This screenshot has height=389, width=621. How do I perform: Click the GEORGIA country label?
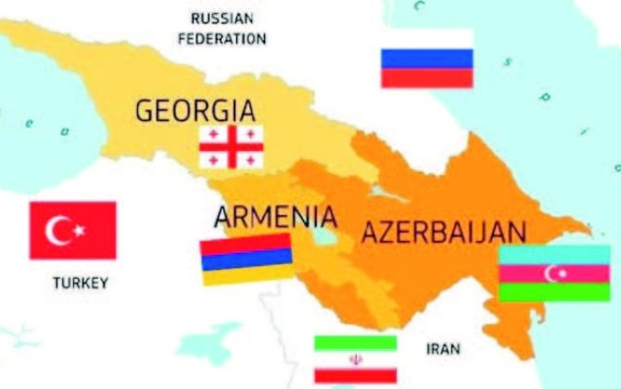196,109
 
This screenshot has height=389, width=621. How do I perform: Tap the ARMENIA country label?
275,218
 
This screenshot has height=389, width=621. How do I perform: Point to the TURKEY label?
80,282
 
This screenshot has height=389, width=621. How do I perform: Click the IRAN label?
442,349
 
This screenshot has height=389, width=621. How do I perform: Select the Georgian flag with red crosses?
232,146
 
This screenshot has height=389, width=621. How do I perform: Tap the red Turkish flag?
72,230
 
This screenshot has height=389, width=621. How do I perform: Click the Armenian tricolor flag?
247,259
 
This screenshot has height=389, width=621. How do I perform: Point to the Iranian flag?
356,358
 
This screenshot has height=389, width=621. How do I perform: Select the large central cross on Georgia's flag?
232,146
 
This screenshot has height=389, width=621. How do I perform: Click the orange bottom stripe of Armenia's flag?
247,275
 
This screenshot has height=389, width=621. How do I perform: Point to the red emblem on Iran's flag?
356,358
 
